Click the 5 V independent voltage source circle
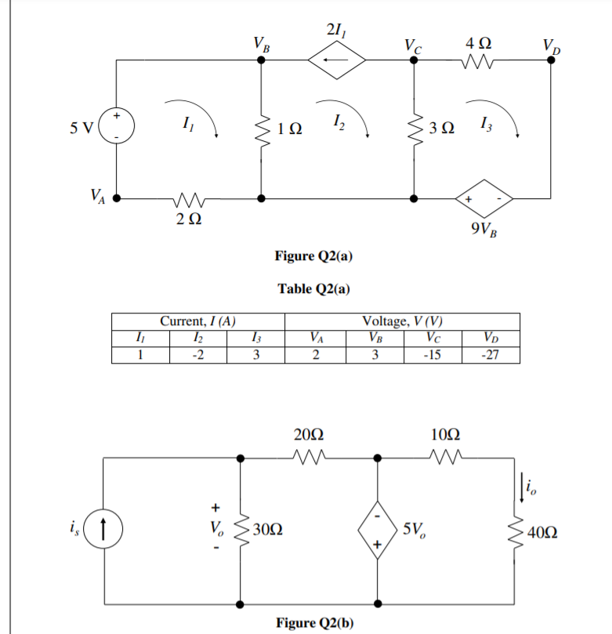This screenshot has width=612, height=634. (117, 126)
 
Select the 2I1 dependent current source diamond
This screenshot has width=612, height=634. (335, 59)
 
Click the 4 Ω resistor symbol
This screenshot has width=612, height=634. (477, 60)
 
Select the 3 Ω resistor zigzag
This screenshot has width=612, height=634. (413, 127)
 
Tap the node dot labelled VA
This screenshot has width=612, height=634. (117, 198)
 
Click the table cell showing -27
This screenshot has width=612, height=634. (490, 355)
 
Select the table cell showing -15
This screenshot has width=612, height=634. (433, 355)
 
